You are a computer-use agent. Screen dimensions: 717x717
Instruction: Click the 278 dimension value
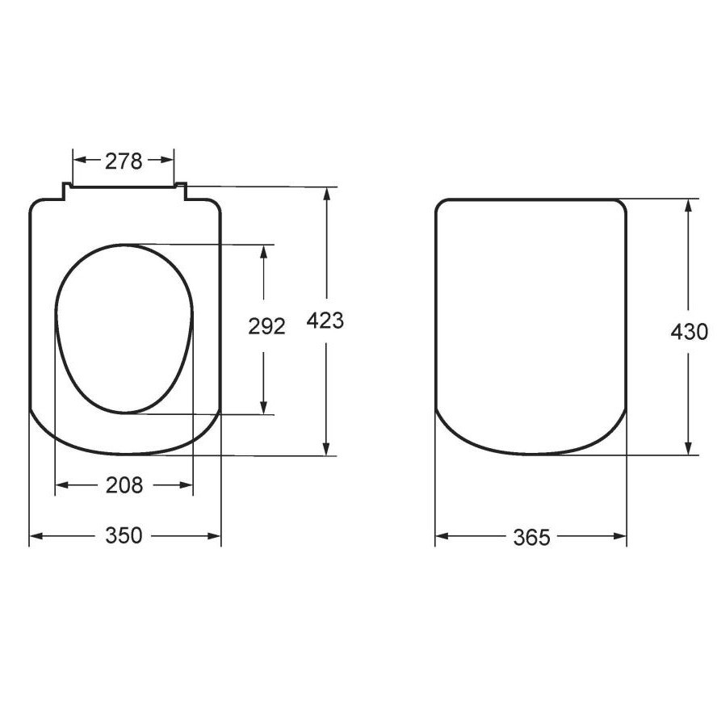124,161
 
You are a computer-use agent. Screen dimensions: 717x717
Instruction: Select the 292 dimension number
266,326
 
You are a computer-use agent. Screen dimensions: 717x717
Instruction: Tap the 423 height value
325,321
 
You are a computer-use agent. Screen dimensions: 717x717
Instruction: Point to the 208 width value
124,484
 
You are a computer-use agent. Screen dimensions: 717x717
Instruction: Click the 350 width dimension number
124,535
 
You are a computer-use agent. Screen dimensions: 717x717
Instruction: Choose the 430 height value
689,332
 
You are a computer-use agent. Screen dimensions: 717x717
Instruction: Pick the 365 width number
532,537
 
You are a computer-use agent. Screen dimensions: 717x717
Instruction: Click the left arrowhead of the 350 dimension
36,536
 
